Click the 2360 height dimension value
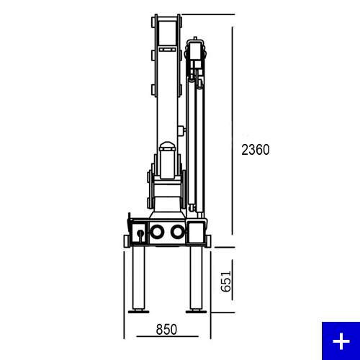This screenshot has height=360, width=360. [256, 150]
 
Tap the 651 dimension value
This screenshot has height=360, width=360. [226, 282]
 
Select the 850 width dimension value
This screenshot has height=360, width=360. [166, 329]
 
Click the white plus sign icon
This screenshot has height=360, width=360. [341, 341]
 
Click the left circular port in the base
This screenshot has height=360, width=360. [157, 232]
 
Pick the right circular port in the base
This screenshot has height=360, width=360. [177, 232]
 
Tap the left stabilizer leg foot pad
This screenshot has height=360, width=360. [138, 312]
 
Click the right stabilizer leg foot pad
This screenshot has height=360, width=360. [196, 312]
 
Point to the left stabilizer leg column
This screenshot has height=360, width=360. [139, 278]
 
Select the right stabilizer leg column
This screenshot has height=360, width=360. [197, 278]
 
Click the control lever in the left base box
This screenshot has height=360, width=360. [140, 235]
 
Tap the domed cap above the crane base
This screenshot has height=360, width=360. [167, 145]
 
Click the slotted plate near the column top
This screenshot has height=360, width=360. [167, 50]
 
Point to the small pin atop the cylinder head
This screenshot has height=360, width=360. [195, 38]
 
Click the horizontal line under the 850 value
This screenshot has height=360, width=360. [167, 336]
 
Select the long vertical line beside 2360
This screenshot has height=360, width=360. [233, 130]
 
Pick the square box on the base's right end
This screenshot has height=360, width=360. [197, 232]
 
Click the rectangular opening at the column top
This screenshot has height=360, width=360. [167, 31]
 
